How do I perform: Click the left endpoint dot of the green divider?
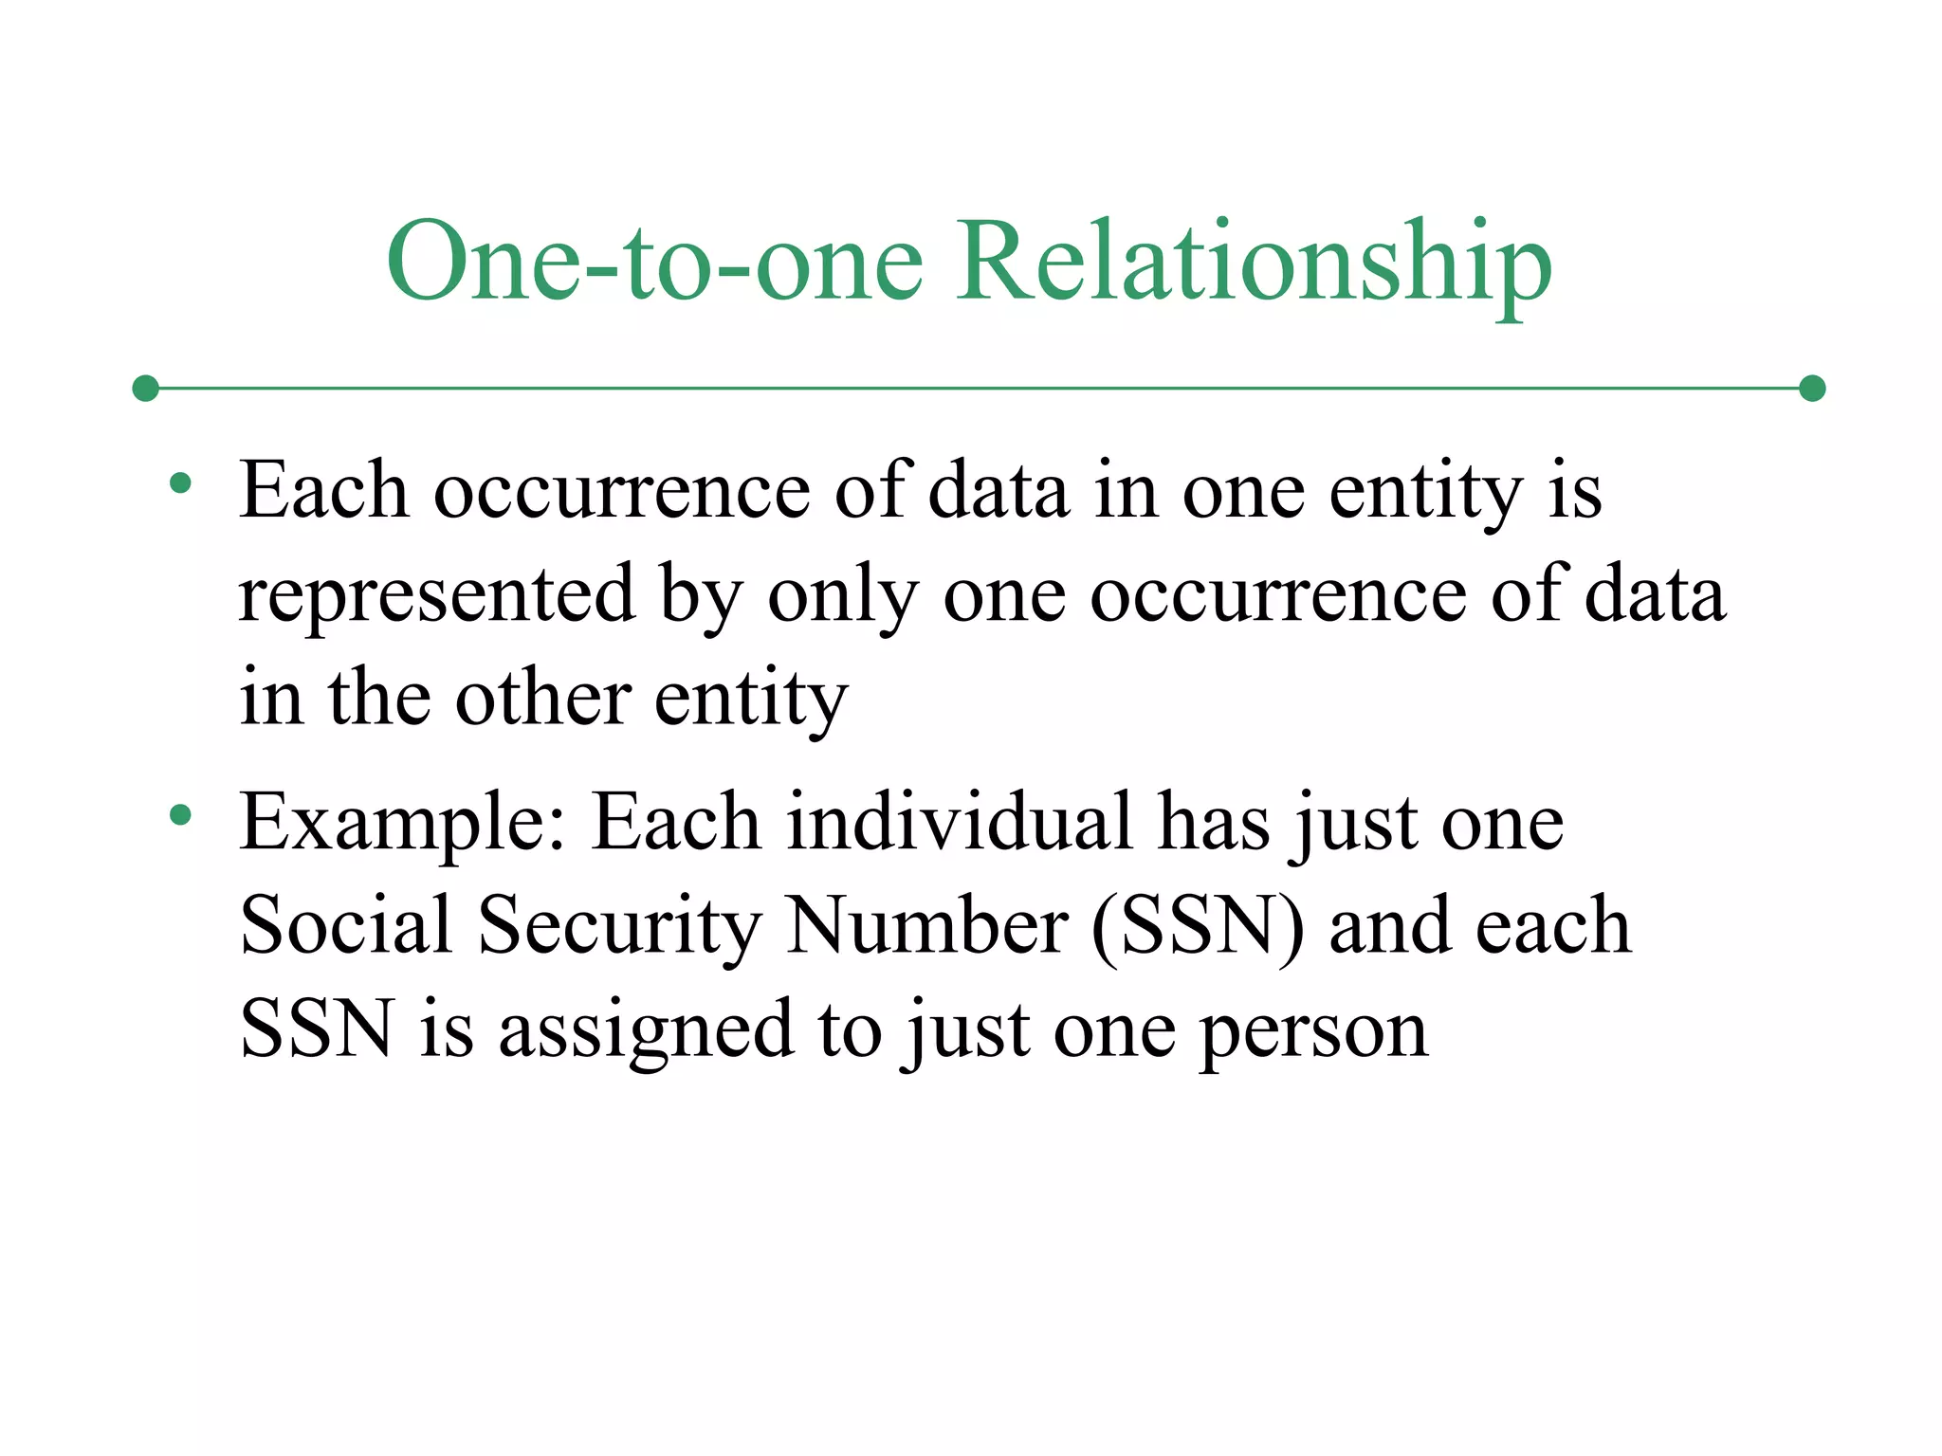point(145,388)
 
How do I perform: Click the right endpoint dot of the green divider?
point(1812,388)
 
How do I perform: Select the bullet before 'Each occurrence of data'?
point(180,484)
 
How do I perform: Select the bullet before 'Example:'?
point(180,814)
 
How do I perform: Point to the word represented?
point(436,595)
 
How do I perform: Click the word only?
point(842,595)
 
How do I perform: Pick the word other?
point(542,699)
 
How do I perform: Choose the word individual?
point(959,821)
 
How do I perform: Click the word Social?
point(345,924)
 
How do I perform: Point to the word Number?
point(927,924)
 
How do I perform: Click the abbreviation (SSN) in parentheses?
point(1198,924)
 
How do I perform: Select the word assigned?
point(646,1030)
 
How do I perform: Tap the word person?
point(1313,1030)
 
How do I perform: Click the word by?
point(701,595)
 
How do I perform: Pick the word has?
point(1214,821)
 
